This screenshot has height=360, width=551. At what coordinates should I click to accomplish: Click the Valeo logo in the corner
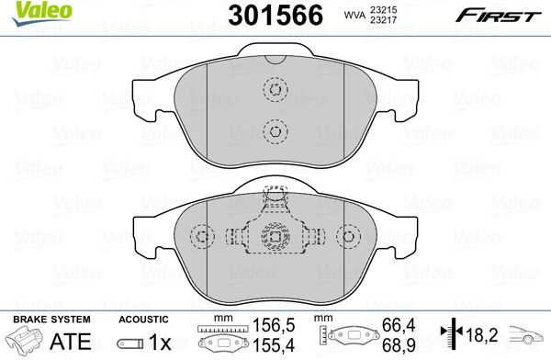[42, 14]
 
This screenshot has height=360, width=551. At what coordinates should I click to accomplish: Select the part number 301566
[275, 16]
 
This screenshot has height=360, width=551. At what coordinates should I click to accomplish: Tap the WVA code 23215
[383, 10]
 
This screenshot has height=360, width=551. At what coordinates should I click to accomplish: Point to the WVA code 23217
[383, 19]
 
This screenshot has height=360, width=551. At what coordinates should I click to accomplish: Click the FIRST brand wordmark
[498, 16]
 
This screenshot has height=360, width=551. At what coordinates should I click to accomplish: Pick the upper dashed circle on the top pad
[275, 89]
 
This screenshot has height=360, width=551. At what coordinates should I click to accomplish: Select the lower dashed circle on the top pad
[275, 131]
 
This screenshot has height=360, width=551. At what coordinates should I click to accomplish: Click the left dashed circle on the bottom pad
[202, 236]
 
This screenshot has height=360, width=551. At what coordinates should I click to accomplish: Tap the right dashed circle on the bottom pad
[349, 236]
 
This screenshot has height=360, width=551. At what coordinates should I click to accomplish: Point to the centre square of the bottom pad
[275, 236]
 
